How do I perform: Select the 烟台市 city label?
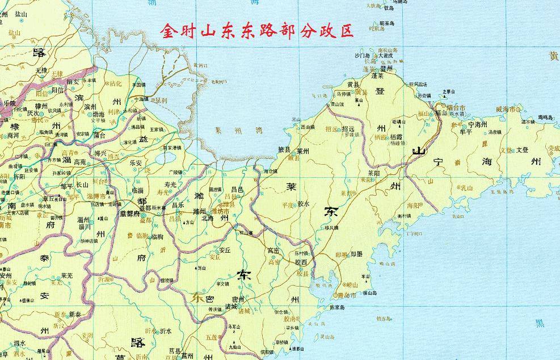coord(454,107)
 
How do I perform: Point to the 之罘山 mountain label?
coord(449,91)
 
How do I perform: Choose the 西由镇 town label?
coord(307,127)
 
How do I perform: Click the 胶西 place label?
coord(301,262)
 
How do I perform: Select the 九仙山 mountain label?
coord(235,346)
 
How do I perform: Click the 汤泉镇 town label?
coord(494,132)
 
